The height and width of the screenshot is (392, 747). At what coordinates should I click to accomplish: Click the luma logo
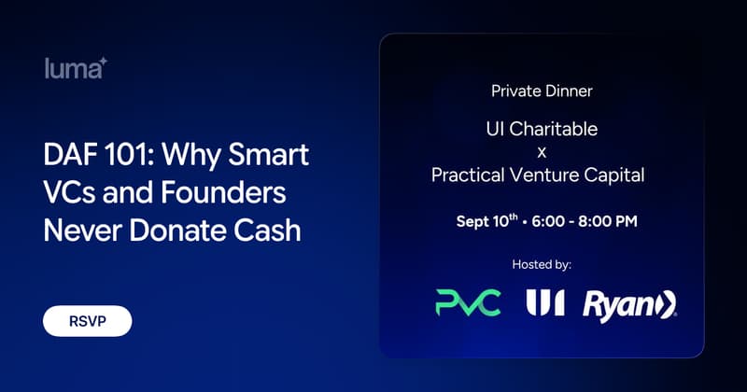coord(76,68)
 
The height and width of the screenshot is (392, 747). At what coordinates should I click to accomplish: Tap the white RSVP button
coord(87,321)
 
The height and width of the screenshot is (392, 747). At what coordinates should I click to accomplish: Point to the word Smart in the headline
coord(269,154)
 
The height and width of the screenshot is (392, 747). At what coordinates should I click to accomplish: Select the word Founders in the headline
coord(223,192)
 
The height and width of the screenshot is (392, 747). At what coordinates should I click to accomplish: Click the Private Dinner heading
coord(542,91)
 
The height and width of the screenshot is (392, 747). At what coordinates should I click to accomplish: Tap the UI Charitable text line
coord(542,129)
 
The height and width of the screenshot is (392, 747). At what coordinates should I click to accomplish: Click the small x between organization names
coord(542,153)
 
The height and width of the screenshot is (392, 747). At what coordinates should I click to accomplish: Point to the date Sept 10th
coord(486,220)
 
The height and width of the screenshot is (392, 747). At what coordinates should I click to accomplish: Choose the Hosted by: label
coord(542,264)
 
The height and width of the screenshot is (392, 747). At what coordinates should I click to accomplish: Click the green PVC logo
coord(469,303)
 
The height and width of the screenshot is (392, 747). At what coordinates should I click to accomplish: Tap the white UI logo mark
coord(545,302)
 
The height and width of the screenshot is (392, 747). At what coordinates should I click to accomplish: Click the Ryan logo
coord(629,305)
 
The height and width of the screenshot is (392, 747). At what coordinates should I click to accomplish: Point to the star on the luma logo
coord(103,62)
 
